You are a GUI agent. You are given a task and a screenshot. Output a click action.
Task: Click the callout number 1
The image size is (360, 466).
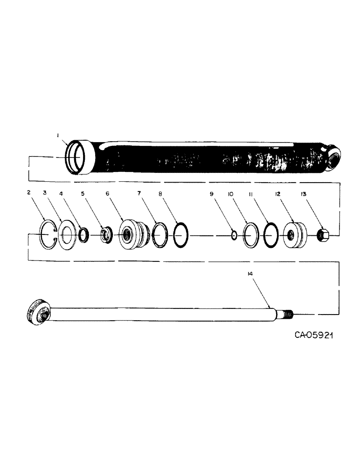[58, 136]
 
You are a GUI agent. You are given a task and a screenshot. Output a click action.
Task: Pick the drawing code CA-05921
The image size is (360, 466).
[316, 336]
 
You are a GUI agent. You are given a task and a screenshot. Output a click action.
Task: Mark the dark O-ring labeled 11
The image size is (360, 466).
[270, 236]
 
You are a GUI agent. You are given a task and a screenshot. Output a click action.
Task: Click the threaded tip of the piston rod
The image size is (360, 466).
[288, 315]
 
